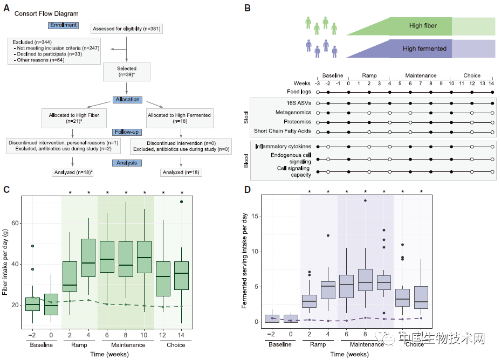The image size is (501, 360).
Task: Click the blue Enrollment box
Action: coord(63,25)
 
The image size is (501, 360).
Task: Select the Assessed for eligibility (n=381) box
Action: coord(126,29)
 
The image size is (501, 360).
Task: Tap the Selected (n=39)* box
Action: coord(127,72)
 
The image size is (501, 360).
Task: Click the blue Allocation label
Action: coord(127,100)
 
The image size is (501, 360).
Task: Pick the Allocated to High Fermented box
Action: coord(180,118)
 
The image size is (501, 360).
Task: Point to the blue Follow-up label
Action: coord(127,132)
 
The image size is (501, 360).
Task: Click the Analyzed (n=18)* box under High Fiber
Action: coord(72,172)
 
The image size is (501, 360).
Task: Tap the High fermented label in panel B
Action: coord(424,49)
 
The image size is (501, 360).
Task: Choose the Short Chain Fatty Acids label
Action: coord(283,131)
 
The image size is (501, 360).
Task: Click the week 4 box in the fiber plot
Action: coord(88,258)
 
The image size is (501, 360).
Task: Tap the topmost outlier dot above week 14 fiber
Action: coord(181,202)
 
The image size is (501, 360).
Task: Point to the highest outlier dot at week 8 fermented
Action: coord(365,200)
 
